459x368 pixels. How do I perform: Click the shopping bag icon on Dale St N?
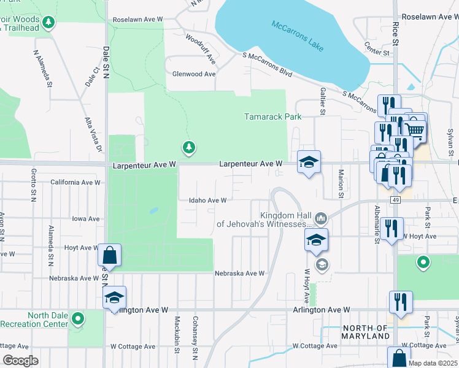pos(109,254)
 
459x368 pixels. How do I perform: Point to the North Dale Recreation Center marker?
pos(77,319)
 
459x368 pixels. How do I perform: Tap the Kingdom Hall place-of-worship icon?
pos(320,218)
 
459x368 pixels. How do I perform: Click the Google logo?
pos(20,361)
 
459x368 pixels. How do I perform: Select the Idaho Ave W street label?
pos(208,200)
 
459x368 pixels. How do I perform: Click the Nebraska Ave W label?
pos(239,273)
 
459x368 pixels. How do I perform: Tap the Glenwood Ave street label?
pos(193,74)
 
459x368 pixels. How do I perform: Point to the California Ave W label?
pos(75,182)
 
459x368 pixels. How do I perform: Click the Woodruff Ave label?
pos(201,49)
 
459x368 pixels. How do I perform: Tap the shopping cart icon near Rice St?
pos(415,129)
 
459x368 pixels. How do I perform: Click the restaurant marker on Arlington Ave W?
pos(400,302)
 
